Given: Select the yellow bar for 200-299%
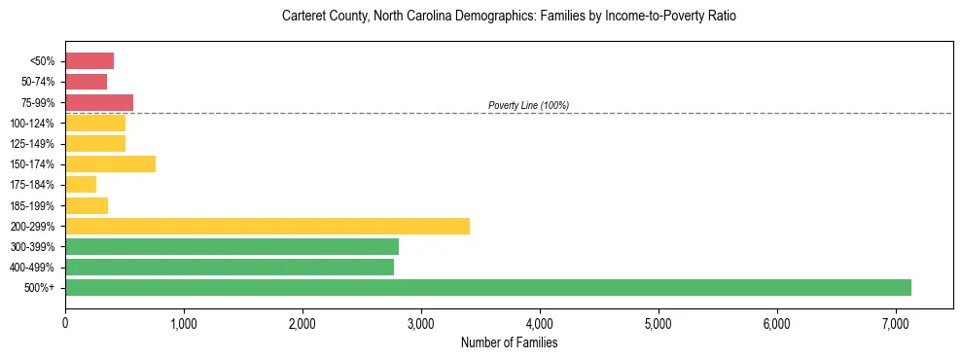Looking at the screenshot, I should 267,226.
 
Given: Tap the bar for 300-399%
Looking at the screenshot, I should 232,246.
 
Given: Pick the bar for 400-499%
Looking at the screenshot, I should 230,267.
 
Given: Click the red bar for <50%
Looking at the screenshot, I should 89,61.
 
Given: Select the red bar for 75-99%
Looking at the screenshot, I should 99,102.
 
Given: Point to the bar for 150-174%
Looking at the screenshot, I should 110,163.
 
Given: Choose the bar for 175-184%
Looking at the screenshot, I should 81,184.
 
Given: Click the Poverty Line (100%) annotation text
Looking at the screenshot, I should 528,105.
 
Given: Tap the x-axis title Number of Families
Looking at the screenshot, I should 509,342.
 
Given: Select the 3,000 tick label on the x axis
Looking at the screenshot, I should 421,323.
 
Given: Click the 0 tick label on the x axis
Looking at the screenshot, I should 65,323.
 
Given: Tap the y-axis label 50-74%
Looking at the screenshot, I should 39,82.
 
